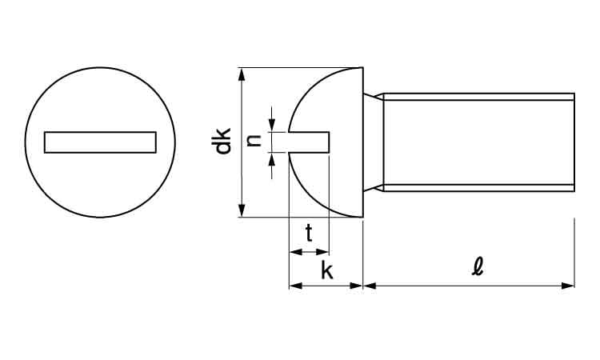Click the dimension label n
click(254, 141)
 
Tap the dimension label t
click(309, 233)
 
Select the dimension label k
click(326, 270)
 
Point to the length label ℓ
click(478, 266)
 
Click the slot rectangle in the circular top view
click(100, 142)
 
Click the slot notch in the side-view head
click(312, 142)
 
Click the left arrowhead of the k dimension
click(293, 285)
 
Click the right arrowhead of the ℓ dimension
click(570, 285)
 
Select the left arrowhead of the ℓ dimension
click(369, 285)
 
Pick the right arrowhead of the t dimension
click(325, 252)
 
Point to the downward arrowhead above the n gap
click(272, 126)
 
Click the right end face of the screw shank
click(574, 142)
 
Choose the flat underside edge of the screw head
click(363, 142)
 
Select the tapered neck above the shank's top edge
click(372, 97)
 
